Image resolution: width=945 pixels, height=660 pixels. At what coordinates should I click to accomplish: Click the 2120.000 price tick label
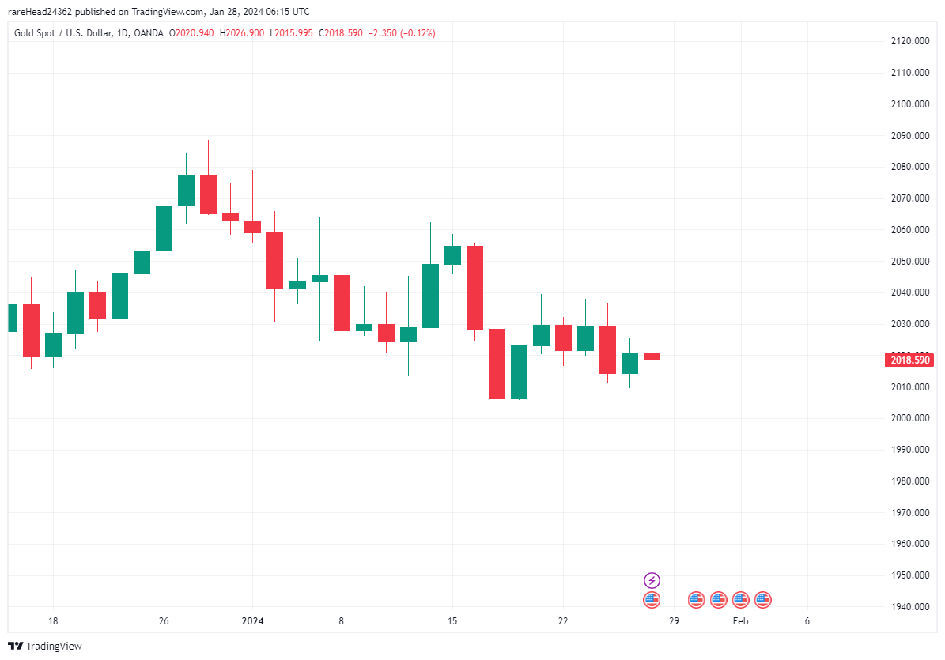[909, 41]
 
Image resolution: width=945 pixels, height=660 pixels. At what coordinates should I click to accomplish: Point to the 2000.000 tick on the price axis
[909, 418]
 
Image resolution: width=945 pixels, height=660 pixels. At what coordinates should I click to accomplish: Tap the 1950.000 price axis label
[909, 575]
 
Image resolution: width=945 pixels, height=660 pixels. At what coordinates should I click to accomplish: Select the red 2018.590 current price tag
[909, 360]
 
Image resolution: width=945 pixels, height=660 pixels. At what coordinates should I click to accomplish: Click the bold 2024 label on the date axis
[253, 621]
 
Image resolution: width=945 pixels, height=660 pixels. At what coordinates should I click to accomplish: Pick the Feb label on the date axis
[740, 621]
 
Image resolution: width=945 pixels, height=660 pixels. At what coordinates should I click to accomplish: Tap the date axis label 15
[452, 621]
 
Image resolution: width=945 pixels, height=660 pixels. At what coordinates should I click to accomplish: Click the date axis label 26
[164, 621]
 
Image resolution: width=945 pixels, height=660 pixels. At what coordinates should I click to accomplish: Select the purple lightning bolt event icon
[652, 581]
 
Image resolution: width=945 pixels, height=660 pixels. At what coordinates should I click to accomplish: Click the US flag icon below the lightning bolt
[652, 600]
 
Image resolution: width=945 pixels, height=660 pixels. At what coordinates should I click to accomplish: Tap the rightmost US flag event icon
[762, 600]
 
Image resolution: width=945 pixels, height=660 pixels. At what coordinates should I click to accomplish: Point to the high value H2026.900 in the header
[242, 33]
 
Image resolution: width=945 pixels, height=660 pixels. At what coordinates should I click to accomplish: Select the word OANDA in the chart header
[149, 33]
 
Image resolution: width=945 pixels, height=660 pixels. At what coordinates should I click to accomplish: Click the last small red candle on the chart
[652, 356]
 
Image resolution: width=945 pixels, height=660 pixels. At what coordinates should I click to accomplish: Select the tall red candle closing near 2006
[497, 364]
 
